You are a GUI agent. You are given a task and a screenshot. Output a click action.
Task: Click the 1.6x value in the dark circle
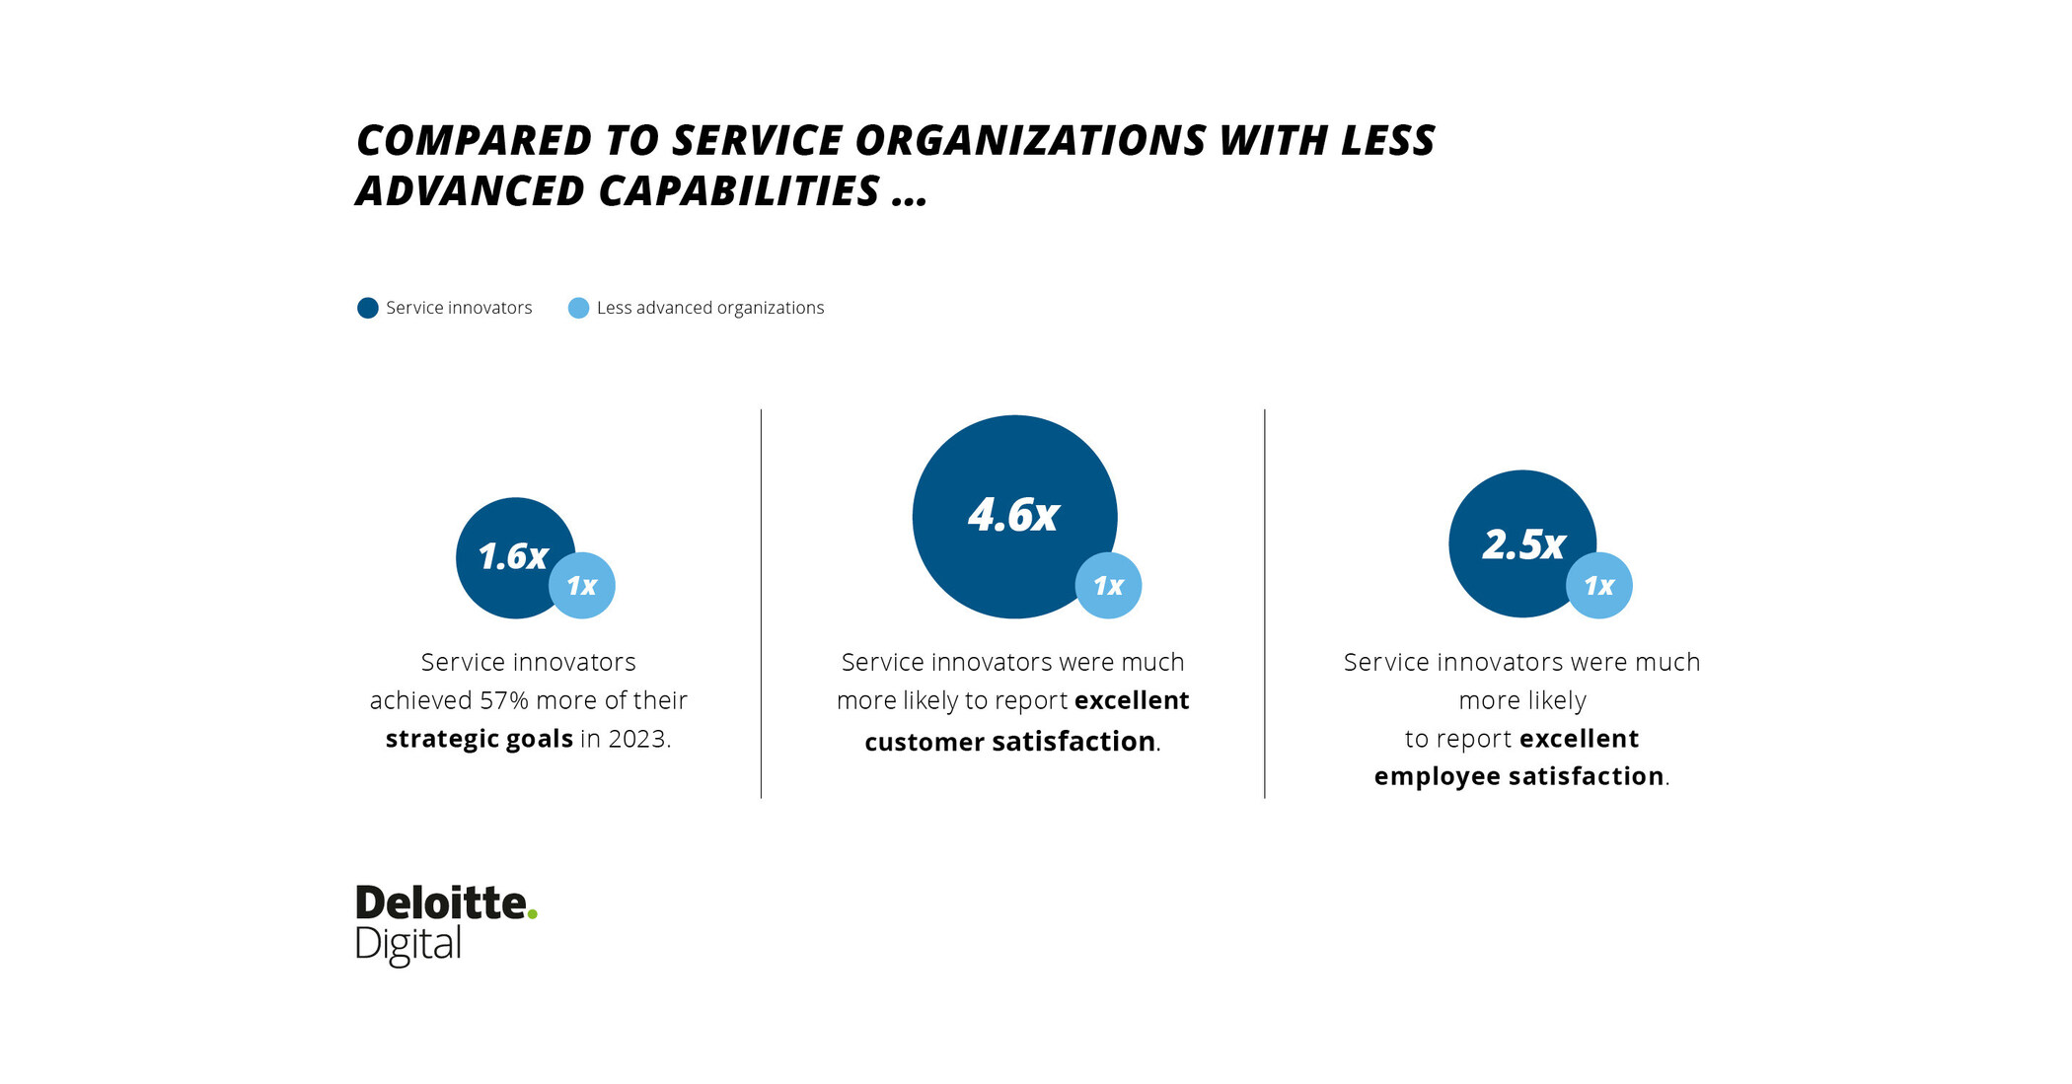(x=512, y=557)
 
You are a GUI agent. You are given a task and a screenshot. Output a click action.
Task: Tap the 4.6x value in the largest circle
(x=1013, y=515)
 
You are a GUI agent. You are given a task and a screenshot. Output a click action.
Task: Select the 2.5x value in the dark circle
(x=1523, y=544)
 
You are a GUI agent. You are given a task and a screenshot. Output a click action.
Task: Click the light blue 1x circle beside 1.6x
(x=582, y=586)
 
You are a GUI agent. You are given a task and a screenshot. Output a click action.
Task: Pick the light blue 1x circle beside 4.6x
(x=1108, y=586)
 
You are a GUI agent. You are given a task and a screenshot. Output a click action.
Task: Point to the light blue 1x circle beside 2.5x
(x=1599, y=586)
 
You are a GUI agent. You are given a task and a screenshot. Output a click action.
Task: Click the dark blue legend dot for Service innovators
(x=368, y=308)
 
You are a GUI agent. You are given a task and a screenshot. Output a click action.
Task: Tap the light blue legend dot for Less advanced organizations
(x=579, y=308)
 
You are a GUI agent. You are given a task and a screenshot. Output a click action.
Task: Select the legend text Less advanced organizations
(x=709, y=308)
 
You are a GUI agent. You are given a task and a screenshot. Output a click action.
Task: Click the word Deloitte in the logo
(x=440, y=903)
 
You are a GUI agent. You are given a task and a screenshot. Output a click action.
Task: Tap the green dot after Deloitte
(x=533, y=915)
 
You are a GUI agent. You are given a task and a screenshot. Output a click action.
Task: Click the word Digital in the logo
(x=407, y=945)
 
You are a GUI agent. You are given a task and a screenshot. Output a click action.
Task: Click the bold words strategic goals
(x=479, y=739)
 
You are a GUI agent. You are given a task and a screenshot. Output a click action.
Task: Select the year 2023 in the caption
(x=636, y=739)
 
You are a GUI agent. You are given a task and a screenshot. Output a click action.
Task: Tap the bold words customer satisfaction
(x=1009, y=742)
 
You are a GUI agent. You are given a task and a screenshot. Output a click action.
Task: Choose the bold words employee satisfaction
(x=1518, y=776)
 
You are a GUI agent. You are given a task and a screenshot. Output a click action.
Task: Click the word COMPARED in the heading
(x=474, y=141)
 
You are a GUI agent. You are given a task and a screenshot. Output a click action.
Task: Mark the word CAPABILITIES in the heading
(x=739, y=191)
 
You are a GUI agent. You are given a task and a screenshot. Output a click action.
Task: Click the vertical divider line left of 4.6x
(x=761, y=603)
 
